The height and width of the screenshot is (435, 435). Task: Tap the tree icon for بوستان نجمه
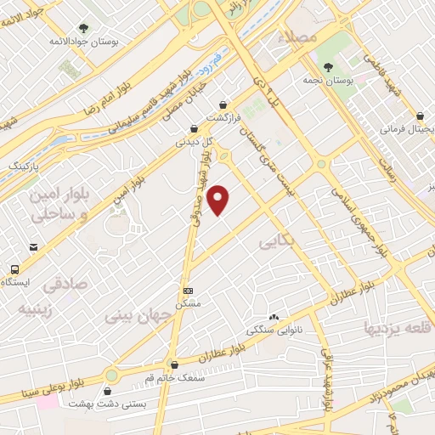point(328,65)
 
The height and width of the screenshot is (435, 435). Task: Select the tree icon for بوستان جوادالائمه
point(82,28)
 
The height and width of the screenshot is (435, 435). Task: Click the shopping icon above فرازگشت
point(225,105)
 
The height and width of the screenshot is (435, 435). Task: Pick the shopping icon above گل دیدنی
point(195,129)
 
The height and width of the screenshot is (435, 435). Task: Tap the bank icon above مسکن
point(187,290)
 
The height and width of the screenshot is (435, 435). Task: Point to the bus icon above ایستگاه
point(14,269)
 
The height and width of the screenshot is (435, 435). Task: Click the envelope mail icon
point(32,246)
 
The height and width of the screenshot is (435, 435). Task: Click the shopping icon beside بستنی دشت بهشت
point(108,392)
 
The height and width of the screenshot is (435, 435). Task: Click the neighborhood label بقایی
point(271,244)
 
